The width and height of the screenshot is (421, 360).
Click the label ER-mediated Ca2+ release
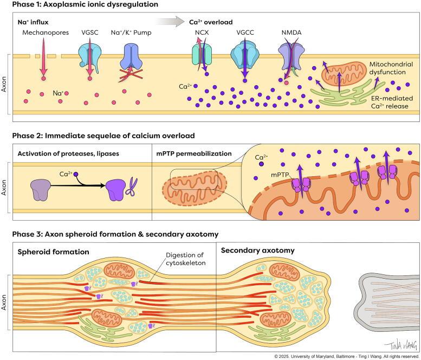[x=381, y=102]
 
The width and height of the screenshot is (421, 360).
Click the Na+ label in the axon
[x=57, y=94]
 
